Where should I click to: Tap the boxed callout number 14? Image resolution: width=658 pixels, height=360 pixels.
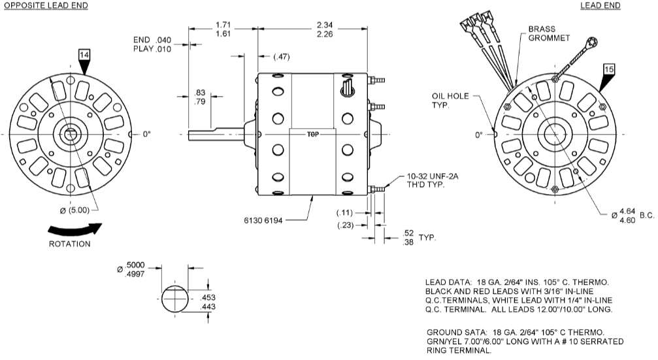tap(84, 56)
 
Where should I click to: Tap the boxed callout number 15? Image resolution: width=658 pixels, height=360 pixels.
tap(609, 69)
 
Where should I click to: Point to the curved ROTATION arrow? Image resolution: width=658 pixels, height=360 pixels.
tap(75, 230)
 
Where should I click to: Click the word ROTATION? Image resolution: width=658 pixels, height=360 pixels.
tap(70, 244)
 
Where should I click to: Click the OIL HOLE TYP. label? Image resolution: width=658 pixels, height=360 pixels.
tap(448, 100)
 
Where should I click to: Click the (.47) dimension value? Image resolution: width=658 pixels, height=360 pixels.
tap(281, 57)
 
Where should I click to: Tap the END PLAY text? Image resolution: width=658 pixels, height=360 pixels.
tap(148, 44)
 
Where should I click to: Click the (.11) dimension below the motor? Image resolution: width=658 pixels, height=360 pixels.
tap(344, 213)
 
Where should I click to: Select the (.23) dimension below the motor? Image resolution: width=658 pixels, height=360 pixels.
tap(344, 225)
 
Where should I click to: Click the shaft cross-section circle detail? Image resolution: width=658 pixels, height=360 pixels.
tap(173, 297)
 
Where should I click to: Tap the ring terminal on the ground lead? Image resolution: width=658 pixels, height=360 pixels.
tap(592, 43)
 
